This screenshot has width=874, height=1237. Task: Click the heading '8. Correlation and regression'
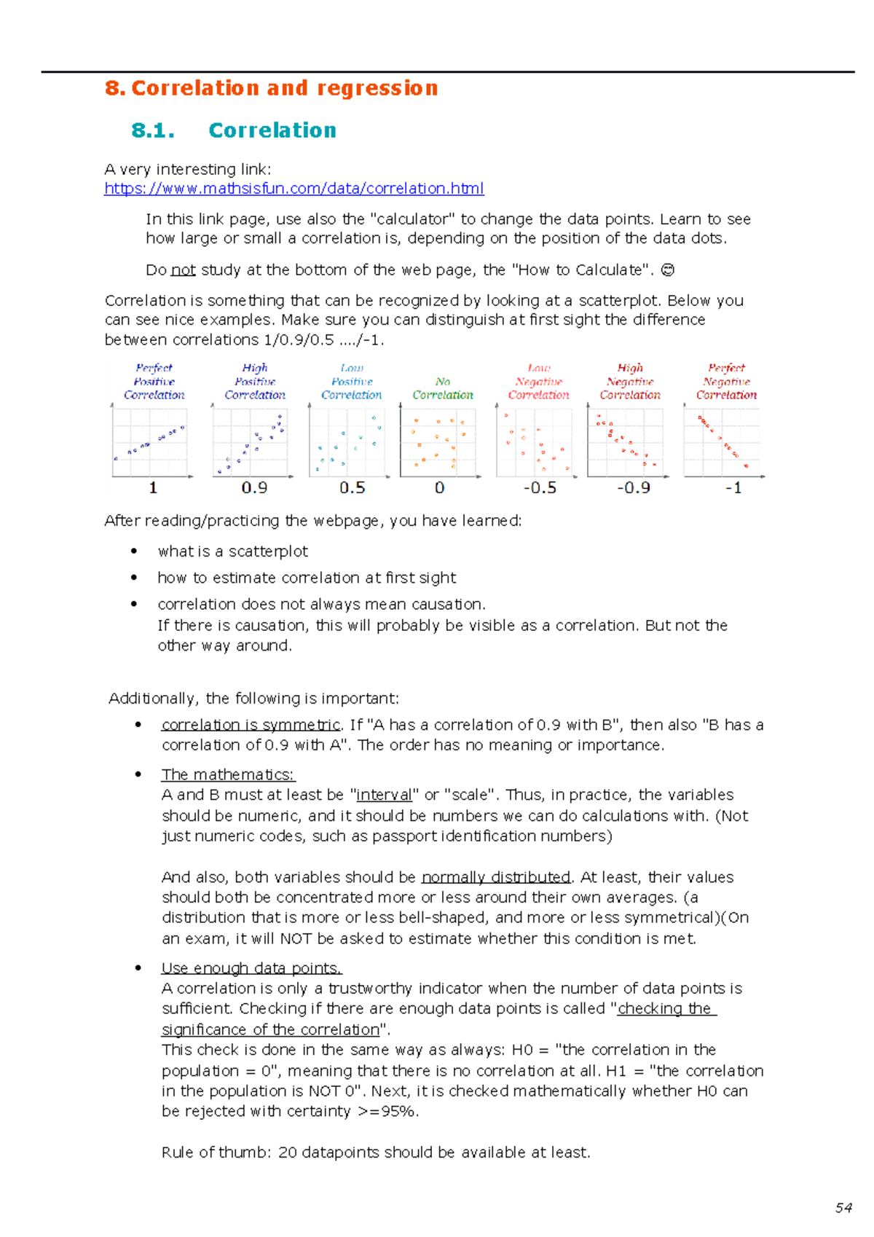271,88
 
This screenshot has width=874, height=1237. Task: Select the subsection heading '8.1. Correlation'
233,130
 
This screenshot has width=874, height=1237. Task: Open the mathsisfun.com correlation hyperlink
294,189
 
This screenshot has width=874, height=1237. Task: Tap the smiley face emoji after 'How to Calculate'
666,270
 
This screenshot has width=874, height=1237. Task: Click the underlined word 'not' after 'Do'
183,270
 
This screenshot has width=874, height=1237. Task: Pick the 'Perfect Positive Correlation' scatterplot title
154,382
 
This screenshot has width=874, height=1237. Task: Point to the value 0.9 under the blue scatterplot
254,488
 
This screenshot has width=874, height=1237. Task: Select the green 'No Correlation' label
442,388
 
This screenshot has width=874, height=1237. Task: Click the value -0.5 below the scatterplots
540,488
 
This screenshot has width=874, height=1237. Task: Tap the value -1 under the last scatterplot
733,488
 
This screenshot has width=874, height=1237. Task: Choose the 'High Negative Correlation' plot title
630,382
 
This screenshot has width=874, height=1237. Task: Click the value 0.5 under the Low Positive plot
352,488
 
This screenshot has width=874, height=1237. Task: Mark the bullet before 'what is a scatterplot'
134,551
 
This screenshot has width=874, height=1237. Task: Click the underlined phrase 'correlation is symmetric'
251,725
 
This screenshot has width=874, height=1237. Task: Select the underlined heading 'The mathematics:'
228,774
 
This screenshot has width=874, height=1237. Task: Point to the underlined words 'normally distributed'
495,877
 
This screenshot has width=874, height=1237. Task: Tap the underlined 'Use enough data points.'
251,968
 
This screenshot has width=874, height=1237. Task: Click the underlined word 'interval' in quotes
383,795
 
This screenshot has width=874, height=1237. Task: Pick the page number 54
843,1208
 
